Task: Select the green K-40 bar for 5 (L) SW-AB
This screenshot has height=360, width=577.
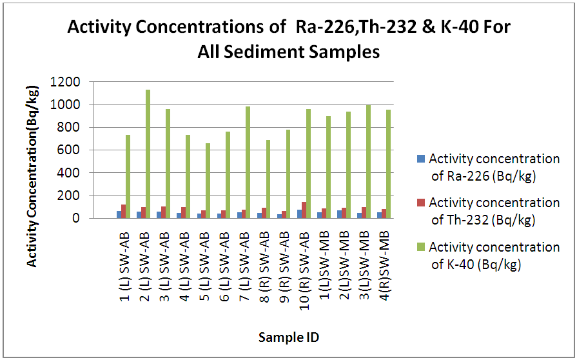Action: pos(208,181)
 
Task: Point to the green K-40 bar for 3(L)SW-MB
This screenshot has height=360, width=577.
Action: pos(367,161)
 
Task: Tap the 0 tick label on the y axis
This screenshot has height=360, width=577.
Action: pos(76,219)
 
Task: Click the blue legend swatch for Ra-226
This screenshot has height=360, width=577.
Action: pos(421,158)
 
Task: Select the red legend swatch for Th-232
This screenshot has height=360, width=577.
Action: pos(421,203)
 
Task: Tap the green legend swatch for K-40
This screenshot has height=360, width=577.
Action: pos(421,247)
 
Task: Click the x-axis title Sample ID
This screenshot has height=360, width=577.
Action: pos(289,337)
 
